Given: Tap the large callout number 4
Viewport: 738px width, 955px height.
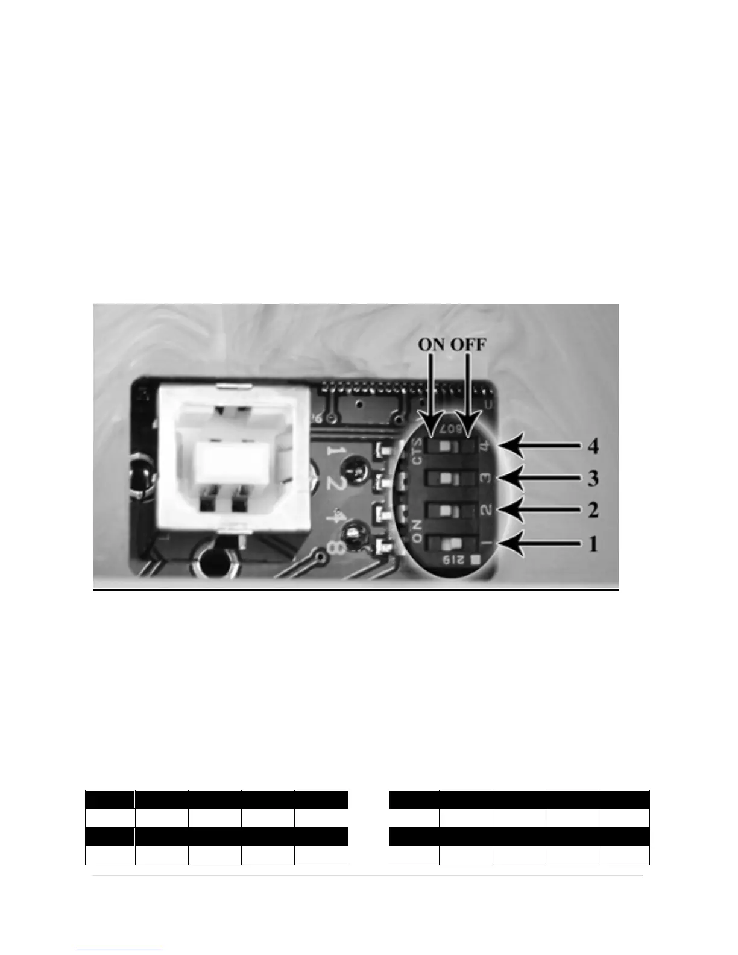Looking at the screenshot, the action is (x=593, y=447).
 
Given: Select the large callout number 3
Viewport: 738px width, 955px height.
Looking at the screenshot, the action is (x=593, y=479).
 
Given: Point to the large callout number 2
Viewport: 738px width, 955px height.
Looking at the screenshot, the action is (x=593, y=511).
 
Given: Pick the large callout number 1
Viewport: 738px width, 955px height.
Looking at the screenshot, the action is (x=593, y=544).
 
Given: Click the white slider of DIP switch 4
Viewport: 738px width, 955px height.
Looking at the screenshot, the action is (x=446, y=447).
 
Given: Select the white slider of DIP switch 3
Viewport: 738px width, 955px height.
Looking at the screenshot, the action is (x=446, y=479).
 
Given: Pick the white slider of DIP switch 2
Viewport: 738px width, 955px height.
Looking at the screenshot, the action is (x=446, y=511).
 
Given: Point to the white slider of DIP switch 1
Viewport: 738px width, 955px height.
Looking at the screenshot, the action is (x=447, y=544).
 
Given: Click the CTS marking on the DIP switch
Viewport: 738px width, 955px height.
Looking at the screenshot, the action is (x=415, y=452).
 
